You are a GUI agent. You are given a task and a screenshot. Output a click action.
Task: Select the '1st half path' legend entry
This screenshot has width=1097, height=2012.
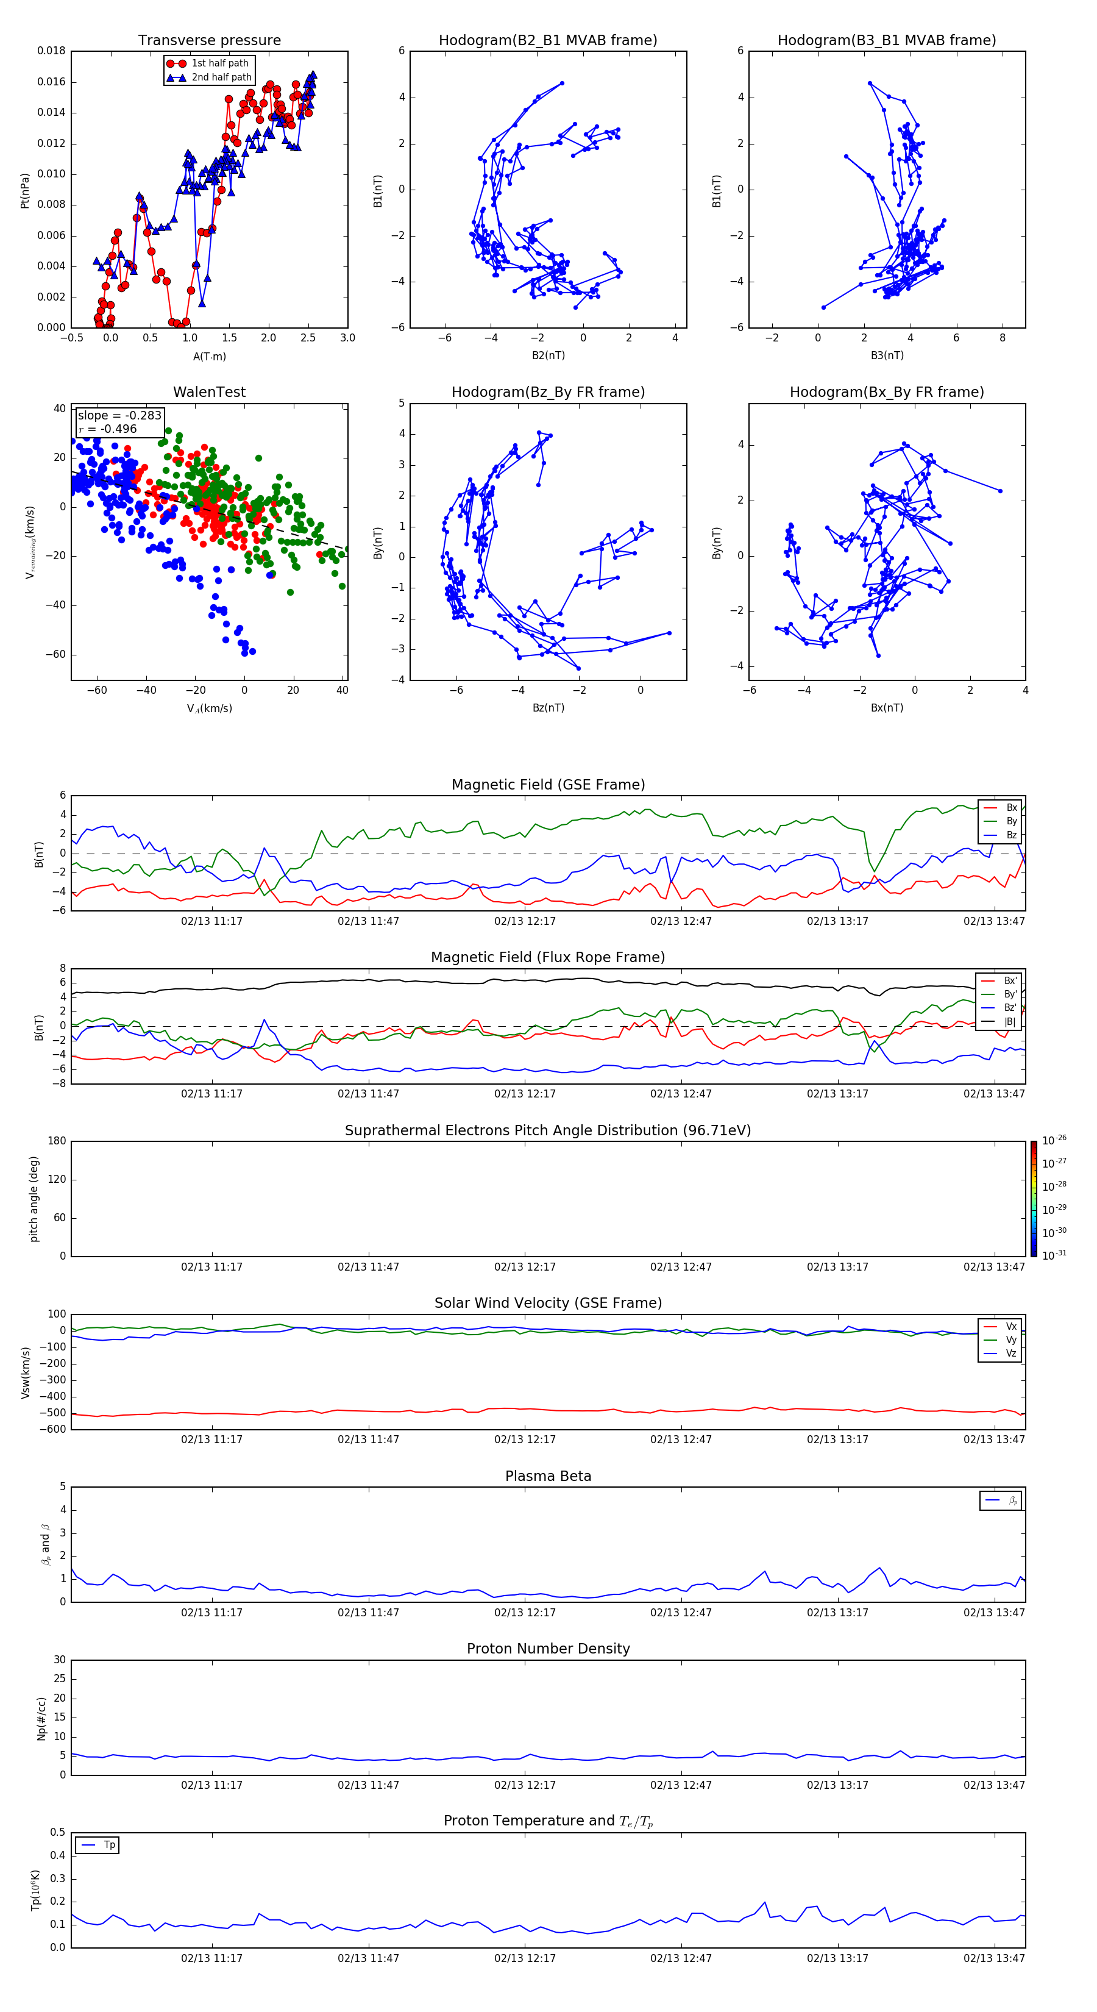click(x=219, y=63)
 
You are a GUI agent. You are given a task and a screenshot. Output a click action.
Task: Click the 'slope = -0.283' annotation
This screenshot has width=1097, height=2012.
click(x=119, y=416)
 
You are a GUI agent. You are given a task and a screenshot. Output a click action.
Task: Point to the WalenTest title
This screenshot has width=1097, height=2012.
click(x=209, y=392)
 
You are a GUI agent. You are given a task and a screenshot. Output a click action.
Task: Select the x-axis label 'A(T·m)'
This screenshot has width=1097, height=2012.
click(x=209, y=356)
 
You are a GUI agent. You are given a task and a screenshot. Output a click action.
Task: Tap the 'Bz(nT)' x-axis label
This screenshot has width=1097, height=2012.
click(x=548, y=708)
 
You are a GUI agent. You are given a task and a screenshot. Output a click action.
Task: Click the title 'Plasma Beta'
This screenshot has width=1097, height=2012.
click(x=548, y=1476)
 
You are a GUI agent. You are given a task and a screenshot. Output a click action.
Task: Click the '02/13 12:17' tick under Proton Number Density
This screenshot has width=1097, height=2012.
click(x=525, y=1785)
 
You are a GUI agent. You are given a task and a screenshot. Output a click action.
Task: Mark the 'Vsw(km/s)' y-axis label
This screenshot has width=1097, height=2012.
click(x=26, y=1372)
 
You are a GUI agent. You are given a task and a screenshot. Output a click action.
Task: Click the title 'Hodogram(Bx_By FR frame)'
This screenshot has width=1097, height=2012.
click(x=886, y=392)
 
